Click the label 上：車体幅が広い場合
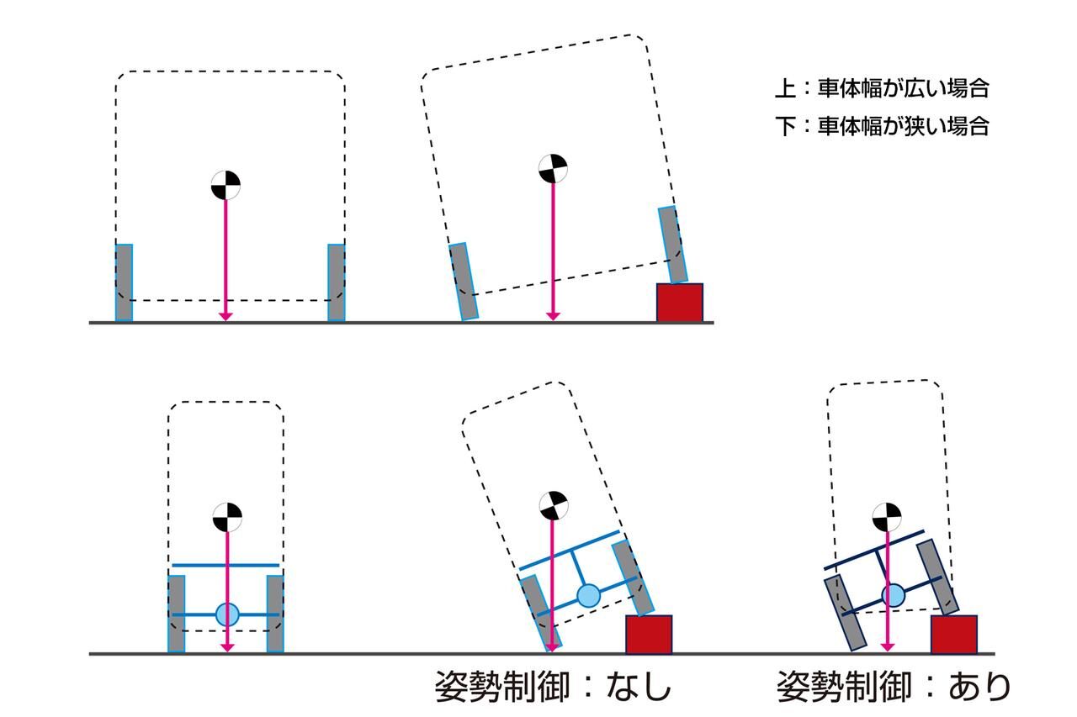[881, 87]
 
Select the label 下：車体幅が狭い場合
[881, 126]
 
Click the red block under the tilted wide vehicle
[679, 302]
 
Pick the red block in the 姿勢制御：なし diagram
[649, 634]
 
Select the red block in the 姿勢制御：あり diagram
[953, 634]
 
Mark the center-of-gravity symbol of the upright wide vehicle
[225, 185]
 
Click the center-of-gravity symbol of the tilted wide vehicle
[553, 168]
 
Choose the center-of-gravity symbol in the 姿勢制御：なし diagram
[553, 506]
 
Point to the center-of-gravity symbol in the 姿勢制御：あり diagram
[886, 516]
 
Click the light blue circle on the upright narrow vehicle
[227, 614]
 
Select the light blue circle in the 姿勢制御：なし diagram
[589, 595]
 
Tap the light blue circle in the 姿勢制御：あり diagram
[893, 596]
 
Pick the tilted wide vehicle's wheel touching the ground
[464, 282]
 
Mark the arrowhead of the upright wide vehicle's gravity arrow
[225, 315]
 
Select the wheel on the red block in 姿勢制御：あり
[936, 577]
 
